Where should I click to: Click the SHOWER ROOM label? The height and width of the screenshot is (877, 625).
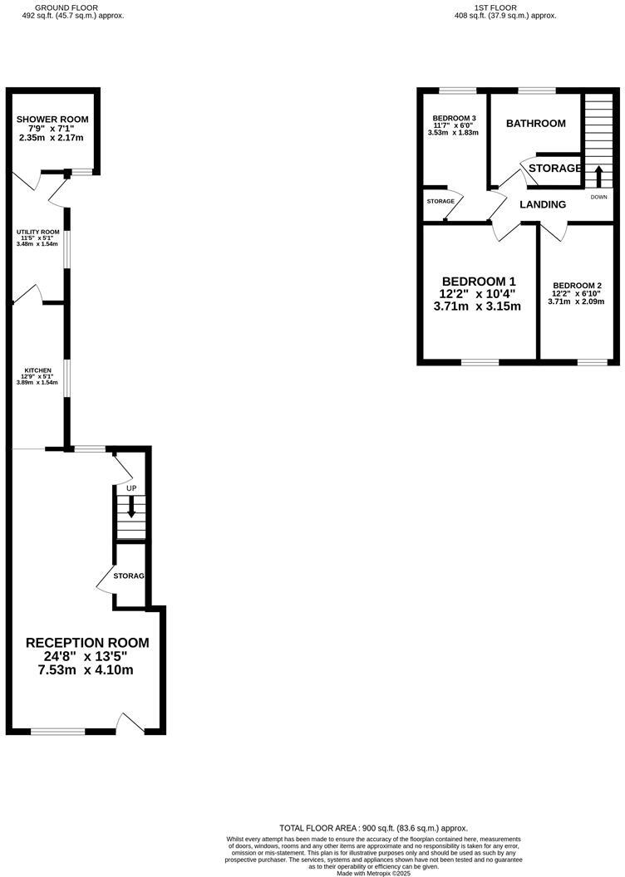52,120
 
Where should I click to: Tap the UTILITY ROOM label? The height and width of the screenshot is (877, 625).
40,233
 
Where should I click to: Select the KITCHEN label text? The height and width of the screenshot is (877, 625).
38,370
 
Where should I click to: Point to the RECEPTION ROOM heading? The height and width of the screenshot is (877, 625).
87,643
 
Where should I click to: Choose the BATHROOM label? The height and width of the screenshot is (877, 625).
536,124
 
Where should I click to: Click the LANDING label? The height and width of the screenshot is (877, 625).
543,204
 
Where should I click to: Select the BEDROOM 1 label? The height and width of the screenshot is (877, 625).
479,281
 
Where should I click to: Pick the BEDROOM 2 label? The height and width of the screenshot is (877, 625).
578,285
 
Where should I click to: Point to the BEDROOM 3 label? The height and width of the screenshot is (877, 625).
454,118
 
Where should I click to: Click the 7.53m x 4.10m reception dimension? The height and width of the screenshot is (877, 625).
86,670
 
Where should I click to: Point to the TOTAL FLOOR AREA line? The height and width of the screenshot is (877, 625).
373,828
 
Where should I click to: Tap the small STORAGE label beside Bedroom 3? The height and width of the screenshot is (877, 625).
440,202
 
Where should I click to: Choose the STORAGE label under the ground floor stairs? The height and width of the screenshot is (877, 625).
130,576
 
